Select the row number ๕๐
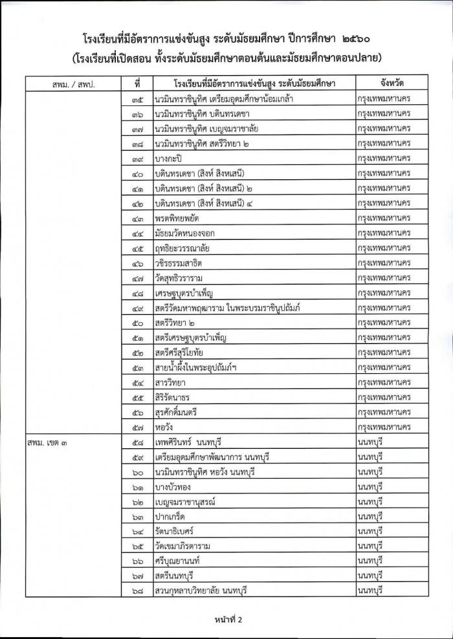137,323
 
